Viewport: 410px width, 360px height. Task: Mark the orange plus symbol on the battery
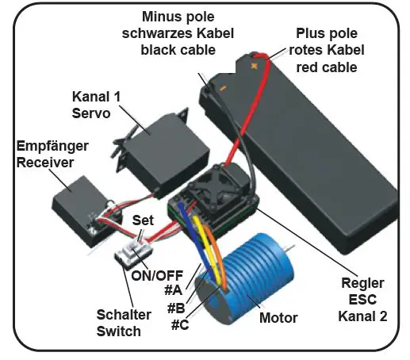[255, 68]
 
